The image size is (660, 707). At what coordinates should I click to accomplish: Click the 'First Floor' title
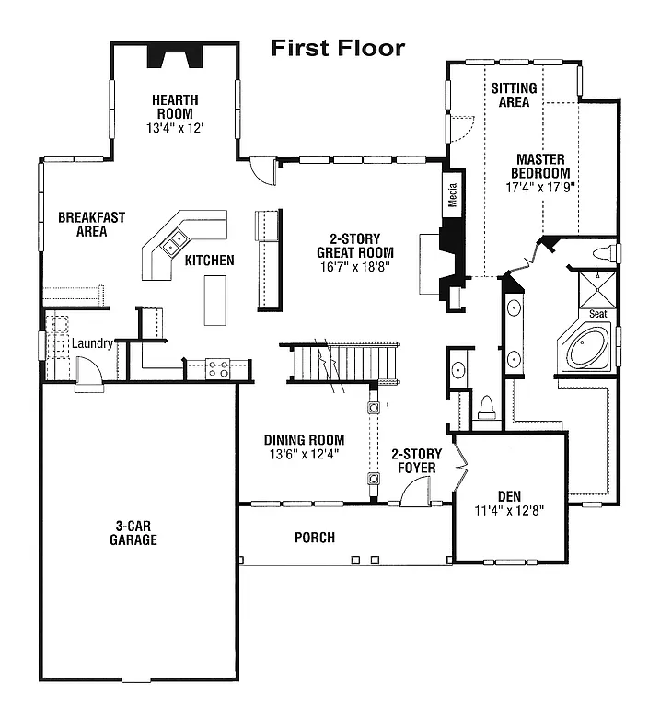pyautogui.click(x=337, y=48)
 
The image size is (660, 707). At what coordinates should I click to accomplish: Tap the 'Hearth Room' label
pyautogui.click(x=175, y=107)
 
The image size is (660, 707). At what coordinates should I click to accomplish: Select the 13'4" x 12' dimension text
pyautogui.click(x=175, y=128)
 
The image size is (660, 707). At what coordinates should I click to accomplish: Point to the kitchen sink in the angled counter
pyautogui.click(x=172, y=244)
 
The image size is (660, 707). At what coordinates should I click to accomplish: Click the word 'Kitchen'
pyautogui.click(x=209, y=261)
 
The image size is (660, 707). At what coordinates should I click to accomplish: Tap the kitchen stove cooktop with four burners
pyautogui.click(x=218, y=369)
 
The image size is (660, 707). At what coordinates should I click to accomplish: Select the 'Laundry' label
pyautogui.click(x=92, y=343)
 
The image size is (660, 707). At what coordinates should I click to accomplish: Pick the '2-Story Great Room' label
pyautogui.click(x=354, y=246)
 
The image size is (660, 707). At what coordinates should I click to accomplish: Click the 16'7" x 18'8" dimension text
pyautogui.click(x=354, y=267)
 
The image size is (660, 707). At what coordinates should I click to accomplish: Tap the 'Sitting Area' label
pyautogui.click(x=514, y=95)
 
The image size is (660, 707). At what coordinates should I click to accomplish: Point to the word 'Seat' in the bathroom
pyautogui.click(x=597, y=314)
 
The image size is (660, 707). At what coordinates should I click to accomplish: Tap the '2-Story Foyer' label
pyautogui.click(x=416, y=461)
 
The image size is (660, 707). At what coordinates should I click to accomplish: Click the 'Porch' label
pyautogui.click(x=315, y=538)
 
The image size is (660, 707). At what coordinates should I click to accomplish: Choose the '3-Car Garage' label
pyautogui.click(x=135, y=533)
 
